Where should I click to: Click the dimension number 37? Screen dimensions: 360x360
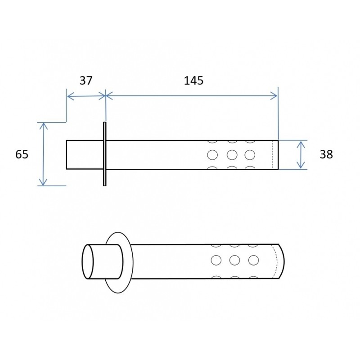click(85, 81)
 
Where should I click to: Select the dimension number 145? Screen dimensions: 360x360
click(193, 81)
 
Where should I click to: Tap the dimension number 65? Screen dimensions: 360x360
click(22, 154)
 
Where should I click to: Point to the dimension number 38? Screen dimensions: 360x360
click(326, 154)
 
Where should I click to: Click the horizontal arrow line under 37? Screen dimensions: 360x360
click(86, 95)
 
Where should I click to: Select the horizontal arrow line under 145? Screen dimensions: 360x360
click(192, 95)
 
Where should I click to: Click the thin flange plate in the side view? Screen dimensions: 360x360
click(104, 153)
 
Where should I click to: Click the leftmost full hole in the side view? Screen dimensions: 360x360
click(212, 155)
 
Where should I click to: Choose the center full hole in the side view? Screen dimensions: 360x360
click(232, 155)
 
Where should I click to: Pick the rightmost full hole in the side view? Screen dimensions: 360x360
click(250, 155)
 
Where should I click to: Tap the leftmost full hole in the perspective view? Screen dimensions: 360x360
click(216, 260)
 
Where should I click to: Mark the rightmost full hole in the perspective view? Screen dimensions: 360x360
click(253, 260)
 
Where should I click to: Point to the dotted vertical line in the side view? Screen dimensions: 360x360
click(273, 155)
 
